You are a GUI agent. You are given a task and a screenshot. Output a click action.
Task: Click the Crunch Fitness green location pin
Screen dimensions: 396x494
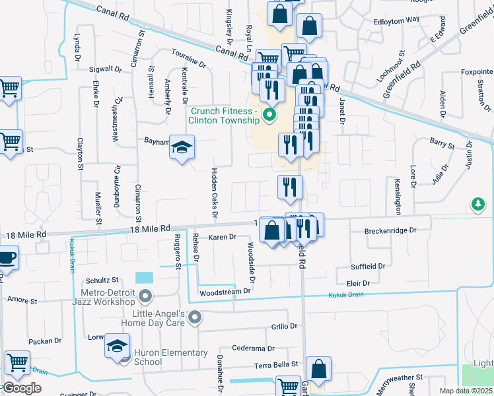click(269, 115)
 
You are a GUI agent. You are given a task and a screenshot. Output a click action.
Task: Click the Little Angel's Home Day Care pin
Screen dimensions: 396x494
click(194, 318)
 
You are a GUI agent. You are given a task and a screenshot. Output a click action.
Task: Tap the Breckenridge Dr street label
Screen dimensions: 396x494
click(390, 231)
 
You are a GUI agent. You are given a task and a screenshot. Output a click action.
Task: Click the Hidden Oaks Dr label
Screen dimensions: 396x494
click(214, 192)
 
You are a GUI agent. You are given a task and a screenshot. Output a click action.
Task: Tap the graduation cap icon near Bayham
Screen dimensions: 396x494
click(182, 147)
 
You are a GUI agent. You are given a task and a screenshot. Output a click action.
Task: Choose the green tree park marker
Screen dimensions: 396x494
click(477, 205)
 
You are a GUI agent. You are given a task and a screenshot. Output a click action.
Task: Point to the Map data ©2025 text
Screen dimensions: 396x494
click(466, 391)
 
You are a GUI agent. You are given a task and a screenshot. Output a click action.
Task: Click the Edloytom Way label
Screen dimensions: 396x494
click(396, 19)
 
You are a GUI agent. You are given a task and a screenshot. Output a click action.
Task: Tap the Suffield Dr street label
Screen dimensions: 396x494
click(369, 267)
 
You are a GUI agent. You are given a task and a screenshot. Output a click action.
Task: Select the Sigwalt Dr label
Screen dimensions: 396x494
click(106, 68)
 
